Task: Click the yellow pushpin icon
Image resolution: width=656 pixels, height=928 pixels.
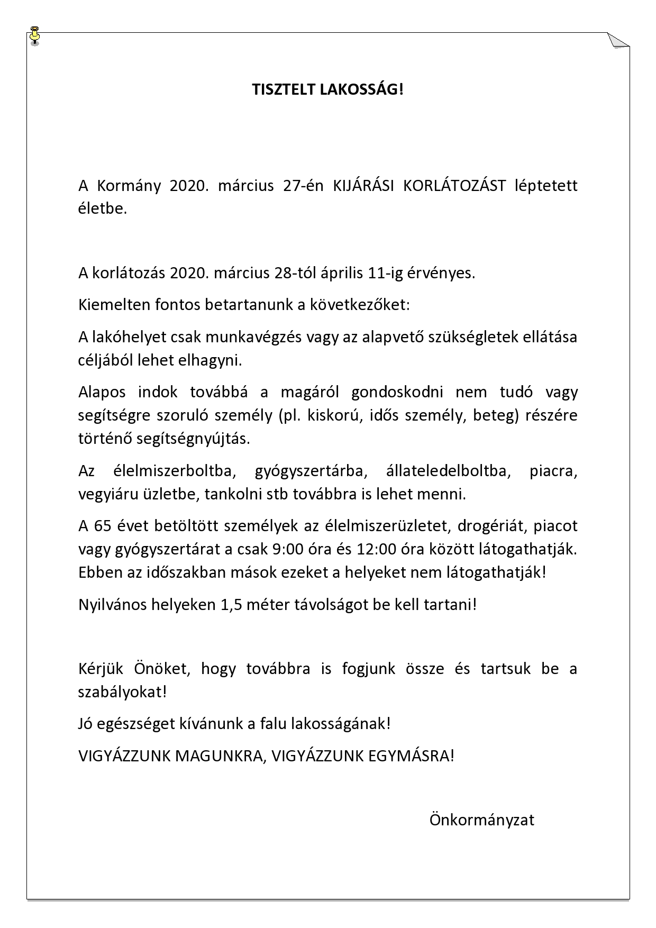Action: pyautogui.click(x=35, y=34)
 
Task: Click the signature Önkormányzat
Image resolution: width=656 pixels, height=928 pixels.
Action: pyautogui.click(x=481, y=820)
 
